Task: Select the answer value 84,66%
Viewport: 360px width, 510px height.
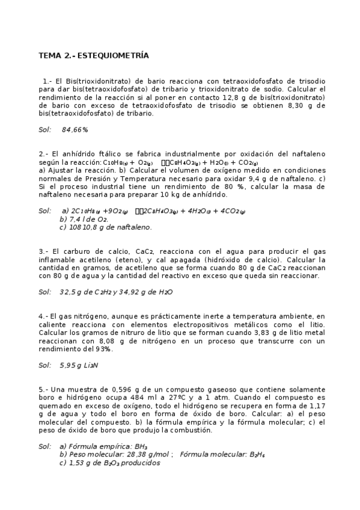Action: coord(75,129)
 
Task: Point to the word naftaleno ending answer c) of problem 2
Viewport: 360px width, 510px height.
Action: coord(133,227)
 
